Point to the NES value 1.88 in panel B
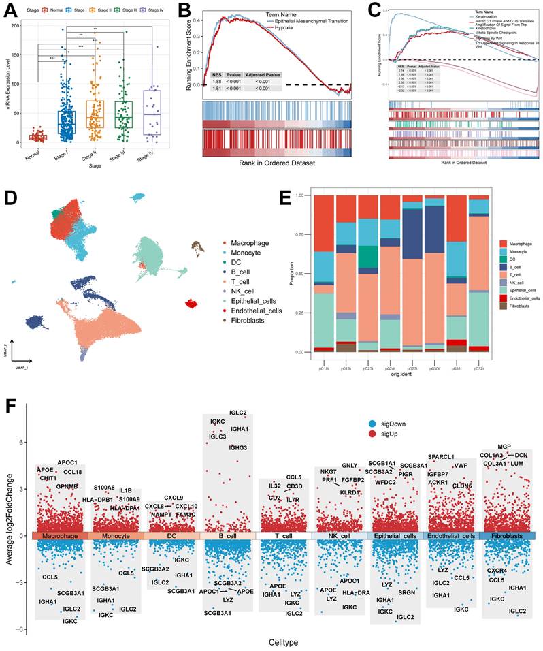217,80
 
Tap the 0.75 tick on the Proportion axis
302,235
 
